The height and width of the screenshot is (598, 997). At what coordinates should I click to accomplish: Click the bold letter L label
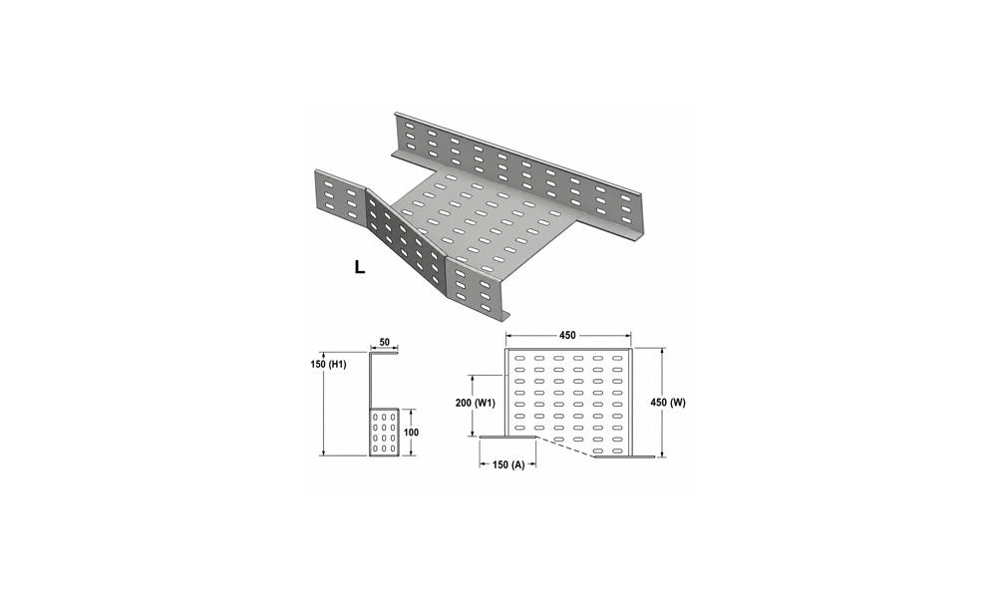(x=360, y=267)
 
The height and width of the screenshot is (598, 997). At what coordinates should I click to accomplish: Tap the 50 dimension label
(x=384, y=342)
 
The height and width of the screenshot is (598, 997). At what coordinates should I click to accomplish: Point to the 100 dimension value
(x=412, y=433)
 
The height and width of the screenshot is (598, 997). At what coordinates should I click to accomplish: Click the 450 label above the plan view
(x=568, y=335)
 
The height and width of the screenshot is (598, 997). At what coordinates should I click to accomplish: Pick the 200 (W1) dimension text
(x=476, y=403)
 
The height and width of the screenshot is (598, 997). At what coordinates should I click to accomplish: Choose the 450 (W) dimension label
(x=669, y=403)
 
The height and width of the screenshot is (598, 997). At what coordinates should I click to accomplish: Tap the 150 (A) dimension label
(x=508, y=464)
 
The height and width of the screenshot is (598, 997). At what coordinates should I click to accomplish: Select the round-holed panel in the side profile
(x=384, y=433)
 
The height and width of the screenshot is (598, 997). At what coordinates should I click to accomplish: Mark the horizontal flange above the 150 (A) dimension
(x=508, y=437)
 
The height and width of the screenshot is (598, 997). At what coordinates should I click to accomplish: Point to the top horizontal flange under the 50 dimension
(x=384, y=352)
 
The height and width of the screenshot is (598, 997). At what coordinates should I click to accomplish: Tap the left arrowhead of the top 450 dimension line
(x=509, y=335)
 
